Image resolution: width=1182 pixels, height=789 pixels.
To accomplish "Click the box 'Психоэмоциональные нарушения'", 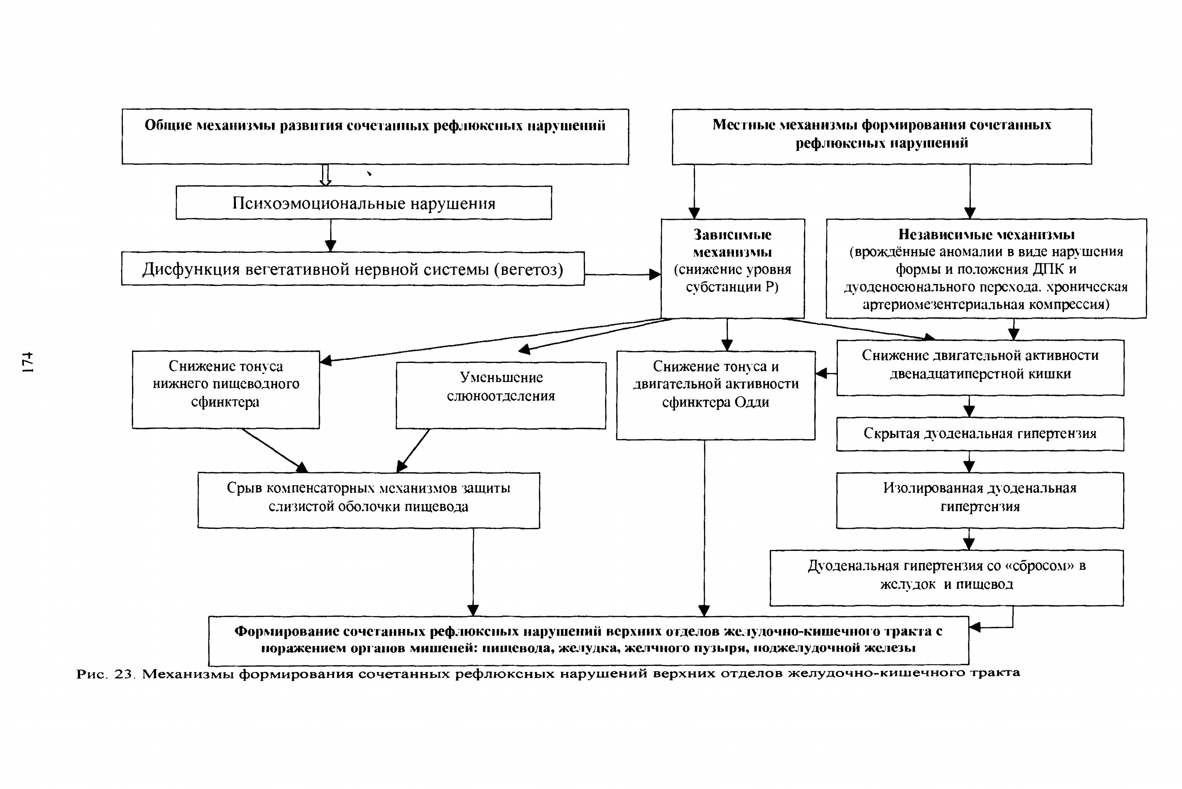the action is tap(363, 203).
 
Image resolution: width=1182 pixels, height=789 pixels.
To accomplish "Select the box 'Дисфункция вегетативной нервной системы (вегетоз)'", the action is tap(353, 269).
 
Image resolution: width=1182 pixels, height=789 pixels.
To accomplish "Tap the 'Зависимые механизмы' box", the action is tap(733, 268).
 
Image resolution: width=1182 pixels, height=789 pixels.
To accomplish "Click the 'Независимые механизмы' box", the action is tap(986, 268).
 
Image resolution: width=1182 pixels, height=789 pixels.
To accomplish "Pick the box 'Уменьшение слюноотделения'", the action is tap(501, 396).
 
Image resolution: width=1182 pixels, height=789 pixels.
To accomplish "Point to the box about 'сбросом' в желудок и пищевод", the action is tap(946, 578).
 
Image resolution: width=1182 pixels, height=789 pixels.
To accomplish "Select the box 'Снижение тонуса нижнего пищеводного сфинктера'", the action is tap(226, 389).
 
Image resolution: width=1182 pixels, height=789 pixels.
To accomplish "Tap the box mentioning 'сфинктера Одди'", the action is tap(716, 395).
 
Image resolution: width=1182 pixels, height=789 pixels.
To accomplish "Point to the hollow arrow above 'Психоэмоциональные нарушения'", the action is tap(326, 175).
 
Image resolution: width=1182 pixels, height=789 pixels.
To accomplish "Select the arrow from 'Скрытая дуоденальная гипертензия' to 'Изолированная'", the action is tap(969, 461).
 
